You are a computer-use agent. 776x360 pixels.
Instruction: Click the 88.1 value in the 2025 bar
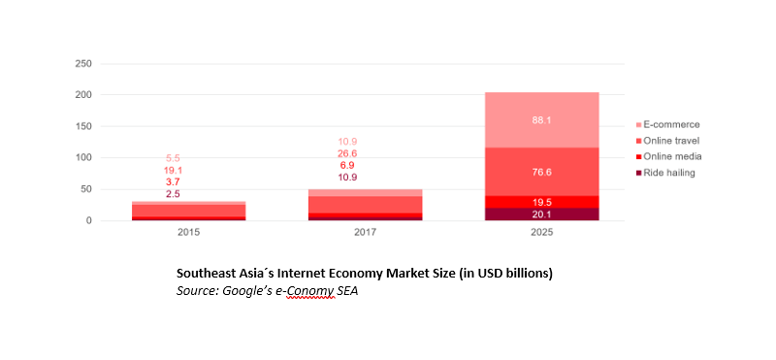(541, 120)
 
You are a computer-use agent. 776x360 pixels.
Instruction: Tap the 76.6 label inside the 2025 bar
(541, 172)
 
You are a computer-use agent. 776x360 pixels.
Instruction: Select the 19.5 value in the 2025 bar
(541, 202)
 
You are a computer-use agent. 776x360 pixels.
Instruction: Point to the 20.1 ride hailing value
(541, 214)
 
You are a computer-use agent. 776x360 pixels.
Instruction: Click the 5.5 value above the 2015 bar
(173, 158)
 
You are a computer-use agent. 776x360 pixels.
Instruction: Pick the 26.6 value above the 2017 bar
(346, 153)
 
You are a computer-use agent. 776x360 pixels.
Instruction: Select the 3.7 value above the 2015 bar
(173, 182)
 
